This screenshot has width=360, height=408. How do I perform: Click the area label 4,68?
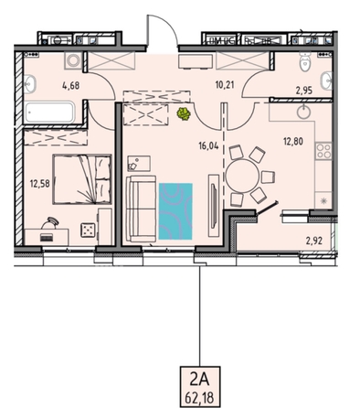point(70,85)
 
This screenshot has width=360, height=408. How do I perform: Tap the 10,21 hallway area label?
point(225,84)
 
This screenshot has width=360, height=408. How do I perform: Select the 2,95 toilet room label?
point(304,91)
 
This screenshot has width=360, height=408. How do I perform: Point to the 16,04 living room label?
point(208,146)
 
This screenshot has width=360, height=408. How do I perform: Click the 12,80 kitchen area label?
point(293,142)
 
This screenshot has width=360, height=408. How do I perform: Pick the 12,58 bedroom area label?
point(39,184)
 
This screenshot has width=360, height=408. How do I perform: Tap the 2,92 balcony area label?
point(314,242)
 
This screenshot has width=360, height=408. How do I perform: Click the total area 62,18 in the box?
point(200,398)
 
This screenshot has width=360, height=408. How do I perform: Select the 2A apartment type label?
point(200,380)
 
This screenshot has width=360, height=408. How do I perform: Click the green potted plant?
point(184,113)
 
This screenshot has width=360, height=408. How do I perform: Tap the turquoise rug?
point(175,211)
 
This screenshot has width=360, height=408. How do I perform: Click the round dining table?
point(242,176)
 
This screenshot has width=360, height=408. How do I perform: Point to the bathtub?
point(49,112)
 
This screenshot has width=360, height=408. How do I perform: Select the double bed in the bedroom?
point(82,179)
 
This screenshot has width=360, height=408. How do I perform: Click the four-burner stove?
point(323,151)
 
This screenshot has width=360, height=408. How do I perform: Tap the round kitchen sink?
point(303,112)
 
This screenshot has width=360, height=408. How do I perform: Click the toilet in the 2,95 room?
point(304,61)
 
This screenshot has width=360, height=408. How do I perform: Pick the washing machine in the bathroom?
point(73,60)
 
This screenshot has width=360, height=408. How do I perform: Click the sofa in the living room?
point(141,209)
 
